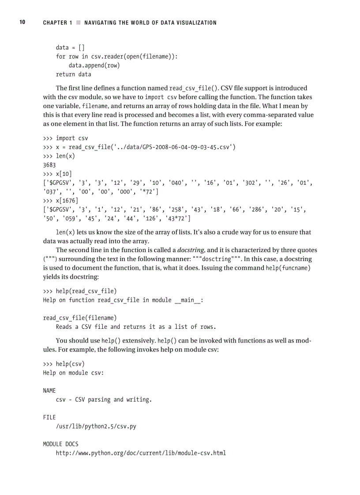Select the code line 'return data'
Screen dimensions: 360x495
point(73,74)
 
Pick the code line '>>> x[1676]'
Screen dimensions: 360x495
point(64,201)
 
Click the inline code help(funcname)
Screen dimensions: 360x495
point(288,268)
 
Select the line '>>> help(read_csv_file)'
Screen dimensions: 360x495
point(80,291)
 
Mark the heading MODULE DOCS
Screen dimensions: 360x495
point(60,444)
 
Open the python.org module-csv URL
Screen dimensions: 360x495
point(141,453)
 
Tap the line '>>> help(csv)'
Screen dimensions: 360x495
point(64,364)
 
